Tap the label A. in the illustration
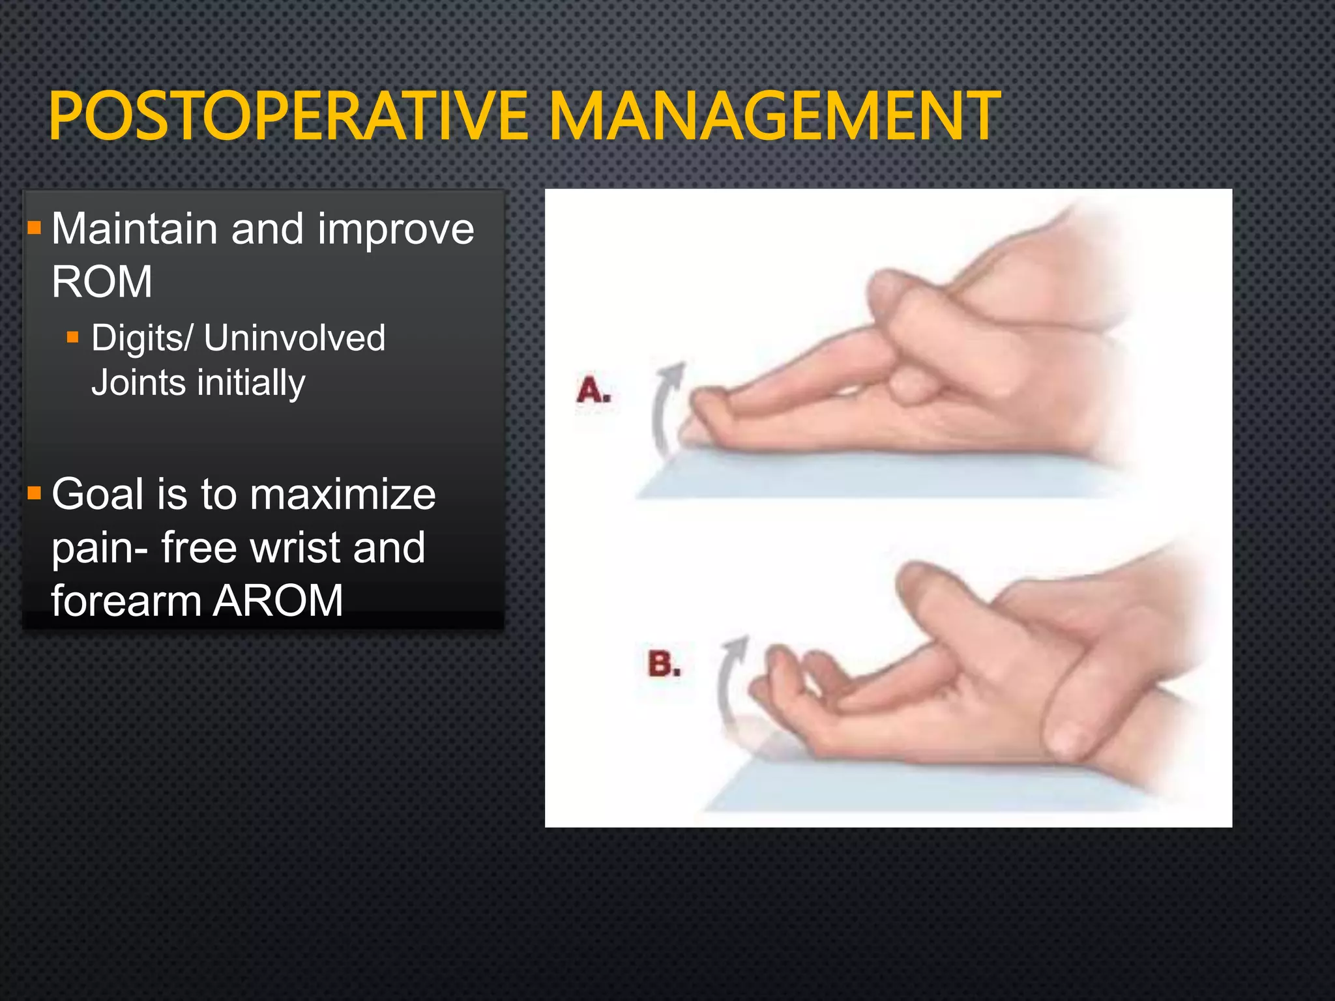(x=593, y=390)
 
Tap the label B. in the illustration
(x=664, y=664)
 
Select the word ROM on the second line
(x=102, y=282)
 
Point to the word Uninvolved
(x=295, y=338)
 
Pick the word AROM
(x=278, y=600)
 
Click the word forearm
(x=126, y=600)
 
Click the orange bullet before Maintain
(x=35, y=228)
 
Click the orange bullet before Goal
(x=35, y=493)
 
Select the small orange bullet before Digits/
(x=72, y=338)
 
